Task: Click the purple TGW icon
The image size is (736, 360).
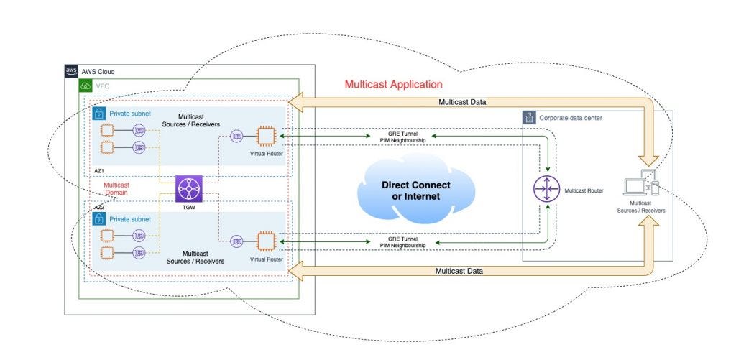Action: (189, 189)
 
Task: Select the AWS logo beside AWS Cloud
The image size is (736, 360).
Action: (71, 71)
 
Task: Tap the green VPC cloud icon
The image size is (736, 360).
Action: (86, 86)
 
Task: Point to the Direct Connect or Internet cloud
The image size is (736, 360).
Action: (415, 190)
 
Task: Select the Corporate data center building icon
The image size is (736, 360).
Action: (529, 118)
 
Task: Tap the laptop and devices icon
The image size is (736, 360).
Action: (641, 185)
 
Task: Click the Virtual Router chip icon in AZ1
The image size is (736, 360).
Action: (266, 137)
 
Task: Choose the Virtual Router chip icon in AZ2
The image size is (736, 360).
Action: (266, 241)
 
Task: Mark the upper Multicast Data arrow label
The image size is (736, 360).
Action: (462, 102)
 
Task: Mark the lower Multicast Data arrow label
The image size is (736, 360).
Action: (459, 271)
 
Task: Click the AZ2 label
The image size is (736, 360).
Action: (99, 207)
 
